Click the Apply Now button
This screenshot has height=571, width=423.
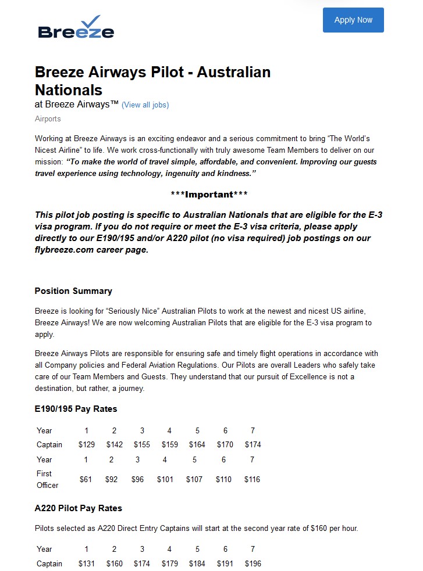pos(353,20)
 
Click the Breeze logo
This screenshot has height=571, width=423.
pos(76,27)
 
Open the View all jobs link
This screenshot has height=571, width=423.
pos(145,105)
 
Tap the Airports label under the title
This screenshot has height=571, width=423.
pos(48,119)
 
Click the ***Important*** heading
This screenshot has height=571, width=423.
pos(209,194)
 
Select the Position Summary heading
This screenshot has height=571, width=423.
pos(73,291)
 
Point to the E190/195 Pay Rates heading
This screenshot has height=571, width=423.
pos(76,409)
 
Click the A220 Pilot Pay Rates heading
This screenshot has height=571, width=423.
pos(79,508)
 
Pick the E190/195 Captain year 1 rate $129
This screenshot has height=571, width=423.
pos(86,445)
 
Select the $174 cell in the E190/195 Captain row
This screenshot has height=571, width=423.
pos(253,445)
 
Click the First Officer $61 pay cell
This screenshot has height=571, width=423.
pos(86,480)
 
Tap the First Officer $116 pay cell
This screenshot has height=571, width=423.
pos(252,480)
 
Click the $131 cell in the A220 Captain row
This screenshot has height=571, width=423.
pos(86,563)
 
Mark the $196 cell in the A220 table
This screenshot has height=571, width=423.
pos(253,563)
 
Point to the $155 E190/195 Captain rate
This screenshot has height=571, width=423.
pos(142,445)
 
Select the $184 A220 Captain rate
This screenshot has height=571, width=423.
pos(197,563)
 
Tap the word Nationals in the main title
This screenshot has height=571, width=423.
pos(69,90)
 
